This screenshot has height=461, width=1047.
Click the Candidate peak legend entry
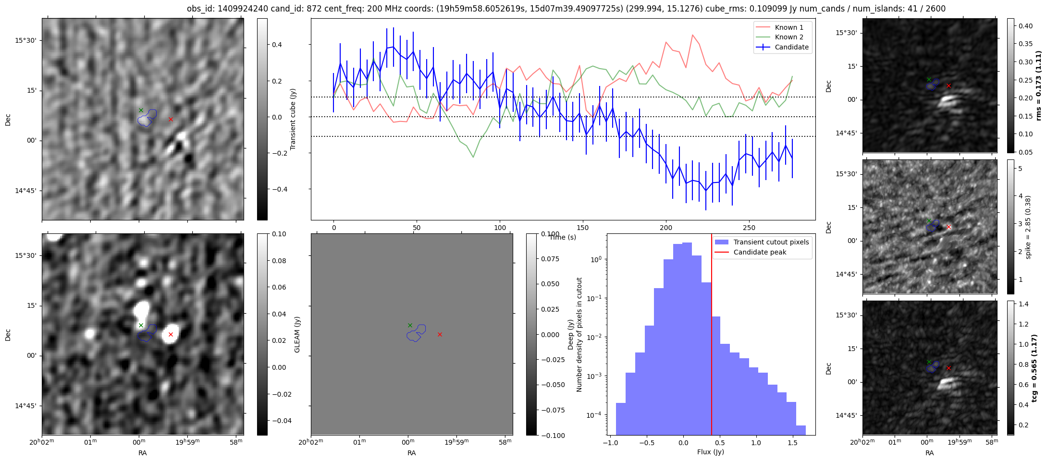(760, 252)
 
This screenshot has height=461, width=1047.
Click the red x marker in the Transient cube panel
(171, 119)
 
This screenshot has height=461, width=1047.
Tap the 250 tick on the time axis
(749, 228)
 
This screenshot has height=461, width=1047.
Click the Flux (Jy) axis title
(710, 452)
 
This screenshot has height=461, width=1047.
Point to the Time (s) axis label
(563, 237)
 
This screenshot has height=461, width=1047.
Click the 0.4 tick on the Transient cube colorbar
(278, 45)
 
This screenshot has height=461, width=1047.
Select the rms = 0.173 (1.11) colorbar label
(1038, 85)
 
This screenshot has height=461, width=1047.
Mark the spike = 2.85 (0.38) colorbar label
(1028, 227)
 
